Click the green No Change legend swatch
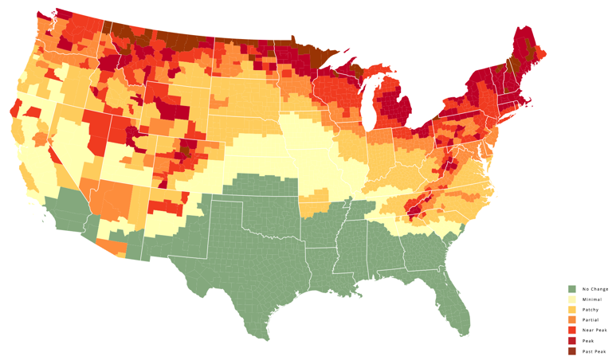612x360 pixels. (571, 288)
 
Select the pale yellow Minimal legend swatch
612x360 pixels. (571, 299)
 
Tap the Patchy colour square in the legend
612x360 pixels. (571, 309)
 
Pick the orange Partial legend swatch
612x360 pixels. (571, 319)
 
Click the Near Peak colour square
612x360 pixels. (571, 330)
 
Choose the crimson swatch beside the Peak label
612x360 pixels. (571, 340)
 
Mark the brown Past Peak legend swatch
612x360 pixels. (571, 350)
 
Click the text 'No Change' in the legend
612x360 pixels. (594, 288)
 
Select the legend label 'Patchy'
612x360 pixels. (590, 309)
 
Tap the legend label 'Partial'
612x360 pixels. (590, 319)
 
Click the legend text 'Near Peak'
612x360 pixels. (594, 330)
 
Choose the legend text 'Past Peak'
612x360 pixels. (594, 350)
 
